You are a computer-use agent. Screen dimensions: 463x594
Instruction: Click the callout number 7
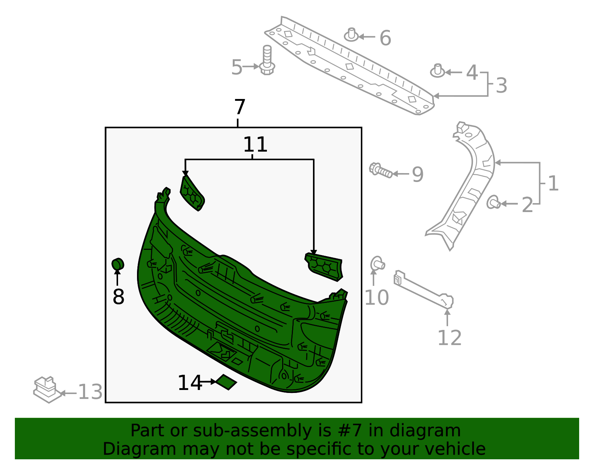click(240, 107)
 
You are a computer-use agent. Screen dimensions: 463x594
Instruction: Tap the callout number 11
click(255, 145)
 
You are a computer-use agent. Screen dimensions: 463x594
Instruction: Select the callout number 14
click(190, 383)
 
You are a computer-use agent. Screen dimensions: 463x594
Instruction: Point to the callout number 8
click(118, 297)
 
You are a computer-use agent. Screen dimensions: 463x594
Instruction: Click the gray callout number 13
click(90, 392)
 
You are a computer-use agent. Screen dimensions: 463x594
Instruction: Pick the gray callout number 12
click(450, 337)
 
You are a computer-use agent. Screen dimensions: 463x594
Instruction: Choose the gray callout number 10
click(376, 297)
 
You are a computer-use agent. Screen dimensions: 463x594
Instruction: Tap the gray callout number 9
click(418, 174)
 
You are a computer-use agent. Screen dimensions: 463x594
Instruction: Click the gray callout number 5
click(236, 67)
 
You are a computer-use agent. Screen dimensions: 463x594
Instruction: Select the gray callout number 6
click(385, 38)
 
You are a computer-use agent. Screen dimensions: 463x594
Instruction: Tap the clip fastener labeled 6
click(351, 35)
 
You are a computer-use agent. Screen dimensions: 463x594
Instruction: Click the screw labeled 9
click(381, 171)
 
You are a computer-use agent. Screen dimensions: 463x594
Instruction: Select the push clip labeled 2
click(493, 202)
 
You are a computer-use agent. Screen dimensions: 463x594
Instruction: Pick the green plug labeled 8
click(118, 264)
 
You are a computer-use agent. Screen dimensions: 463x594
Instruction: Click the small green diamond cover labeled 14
click(226, 382)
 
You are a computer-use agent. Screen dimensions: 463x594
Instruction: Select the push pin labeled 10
click(378, 264)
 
